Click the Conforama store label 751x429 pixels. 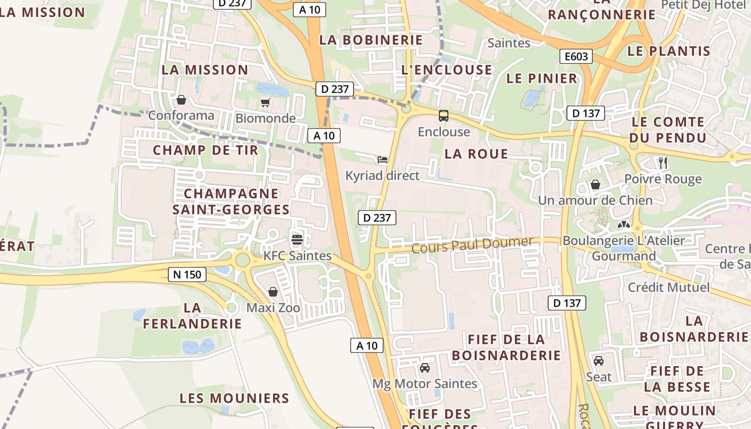tap(181, 115)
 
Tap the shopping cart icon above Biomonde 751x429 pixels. tap(265, 102)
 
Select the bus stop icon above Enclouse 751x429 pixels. tap(444, 115)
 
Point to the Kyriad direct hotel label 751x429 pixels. tap(382, 175)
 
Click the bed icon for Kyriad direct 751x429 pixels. tap(382, 159)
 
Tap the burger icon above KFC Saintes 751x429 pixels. tap(297, 239)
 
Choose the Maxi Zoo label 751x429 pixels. tap(273, 308)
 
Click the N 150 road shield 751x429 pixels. tap(187, 275)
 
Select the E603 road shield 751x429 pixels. tap(576, 56)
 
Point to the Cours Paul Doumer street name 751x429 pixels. tap(472, 245)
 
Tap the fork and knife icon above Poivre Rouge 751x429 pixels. tap(663, 162)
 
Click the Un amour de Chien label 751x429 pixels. tap(595, 201)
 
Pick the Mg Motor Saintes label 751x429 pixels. tap(425, 384)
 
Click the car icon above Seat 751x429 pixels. tap(599, 360)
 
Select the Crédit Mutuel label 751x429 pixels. tap(668, 287)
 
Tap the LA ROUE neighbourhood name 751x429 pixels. tap(476, 154)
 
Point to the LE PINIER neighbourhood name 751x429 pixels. tap(542, 78)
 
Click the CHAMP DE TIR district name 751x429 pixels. tap(205, 150)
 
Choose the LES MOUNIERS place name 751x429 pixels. tap(234, 398)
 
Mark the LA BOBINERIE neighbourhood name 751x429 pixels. tap(371, 40)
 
